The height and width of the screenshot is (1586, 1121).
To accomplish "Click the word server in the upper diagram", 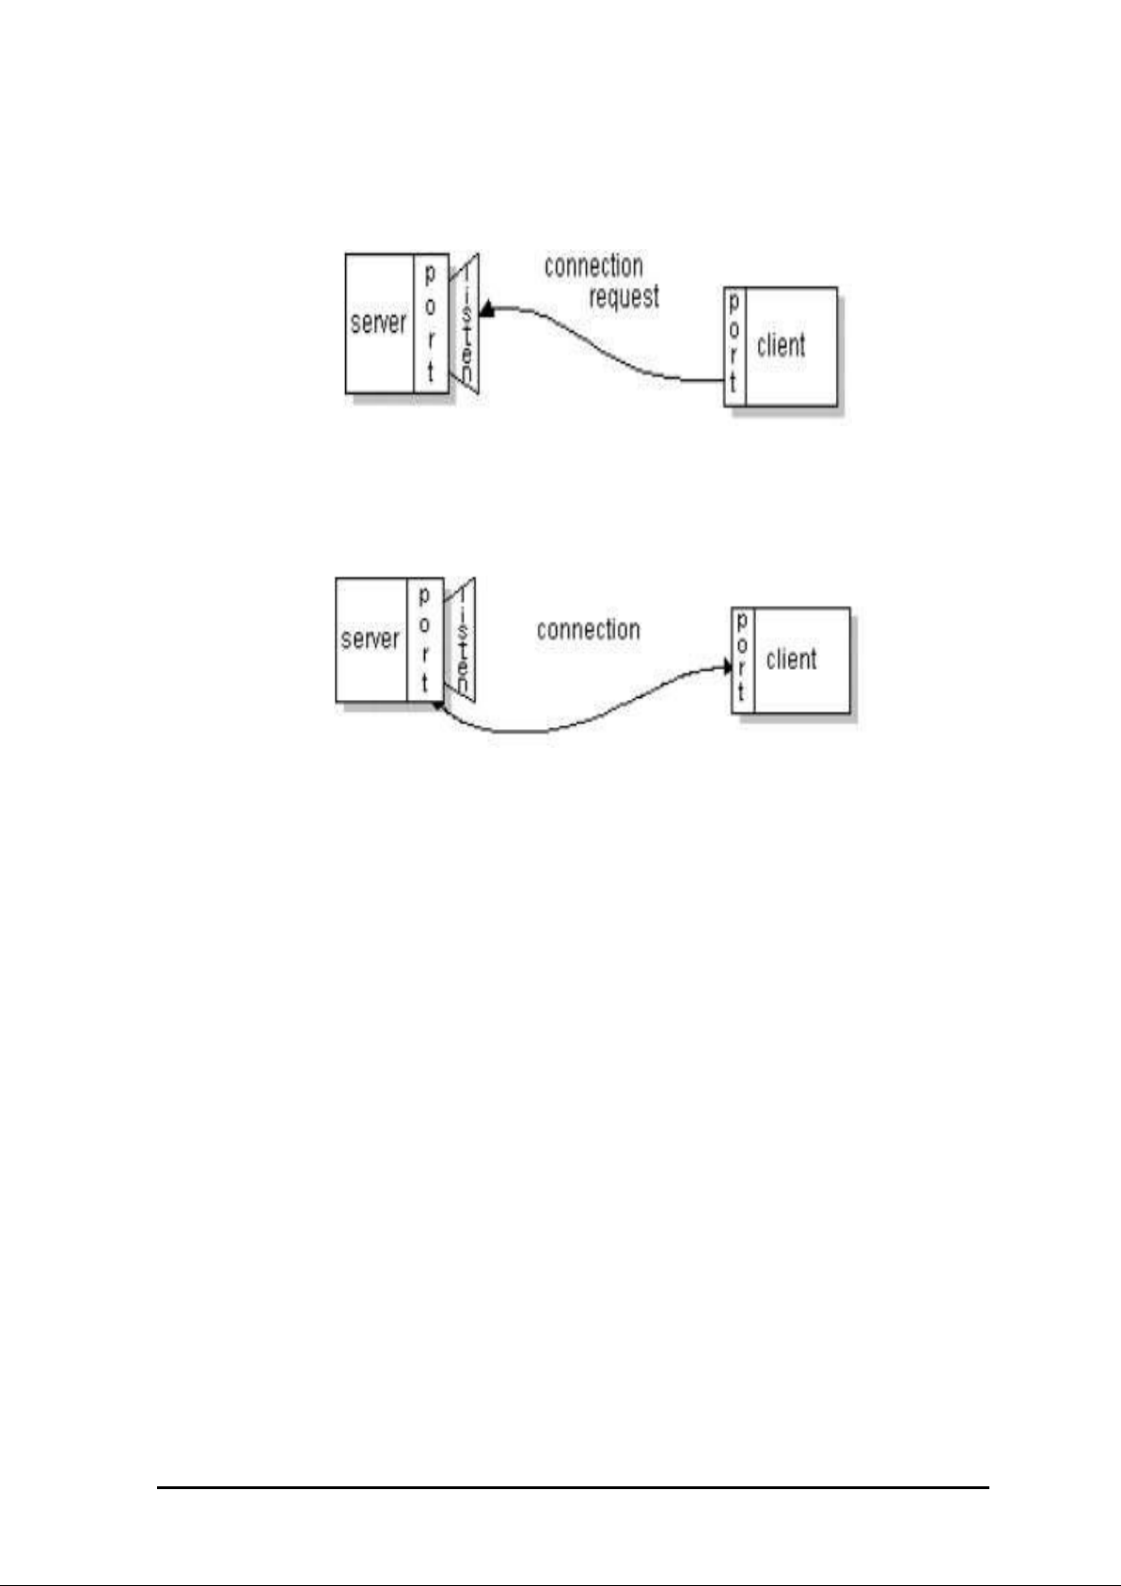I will click(x=378, y=323).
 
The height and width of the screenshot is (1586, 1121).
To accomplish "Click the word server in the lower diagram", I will click(x=370, y=640).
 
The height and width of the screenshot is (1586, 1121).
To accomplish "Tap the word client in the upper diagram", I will click(x=781, y=345).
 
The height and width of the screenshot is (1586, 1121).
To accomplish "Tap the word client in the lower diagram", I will click(x=791, y=659).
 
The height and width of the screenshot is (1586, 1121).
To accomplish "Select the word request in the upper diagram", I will click(x=624, y=297).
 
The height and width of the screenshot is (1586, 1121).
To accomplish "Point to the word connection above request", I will click(x=593, y=266).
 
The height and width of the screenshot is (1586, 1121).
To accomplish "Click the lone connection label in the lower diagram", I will click(x=588, y=629).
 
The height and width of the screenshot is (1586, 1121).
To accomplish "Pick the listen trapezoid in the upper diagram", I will click(x=467, y=323).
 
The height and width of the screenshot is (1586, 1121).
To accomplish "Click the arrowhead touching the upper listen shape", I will click(x=486, y=309).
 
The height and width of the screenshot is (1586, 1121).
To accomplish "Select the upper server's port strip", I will click(x=430, y=323).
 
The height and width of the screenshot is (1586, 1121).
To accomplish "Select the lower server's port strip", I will click(x=424, y=640).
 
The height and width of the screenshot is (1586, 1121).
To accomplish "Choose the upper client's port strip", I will click(x=734, y=345).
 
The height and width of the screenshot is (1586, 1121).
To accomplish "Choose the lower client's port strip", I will click(x=742, y=659).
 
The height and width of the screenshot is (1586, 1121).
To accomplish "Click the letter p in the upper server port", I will click(x=430, y=275).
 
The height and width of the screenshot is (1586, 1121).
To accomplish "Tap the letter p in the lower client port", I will click(x=742, y=623).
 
